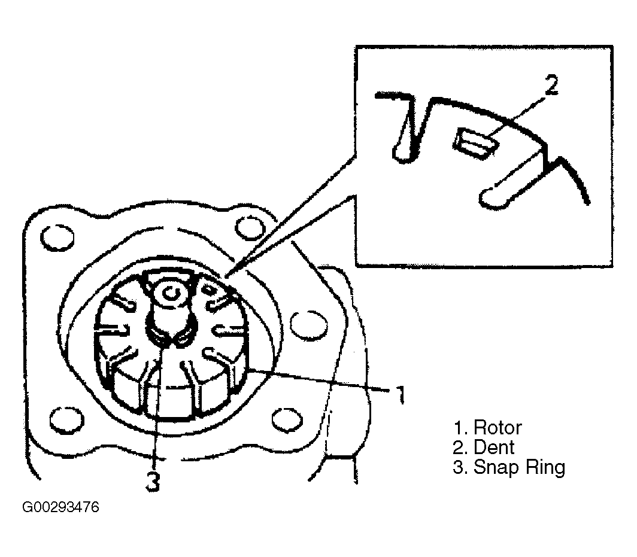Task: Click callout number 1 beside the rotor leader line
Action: coord(401,394)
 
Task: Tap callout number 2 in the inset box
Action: coord(551,84)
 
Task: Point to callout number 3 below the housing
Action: coord(153,482)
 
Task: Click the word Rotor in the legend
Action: coord(498,428)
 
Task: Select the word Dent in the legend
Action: coord(494,448)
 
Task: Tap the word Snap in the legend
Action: coord(496,468)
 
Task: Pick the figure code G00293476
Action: coord(60,507)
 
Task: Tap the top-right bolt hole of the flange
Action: coord(250,228)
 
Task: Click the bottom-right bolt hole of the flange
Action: coord(287,419)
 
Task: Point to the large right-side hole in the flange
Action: coord(309,325)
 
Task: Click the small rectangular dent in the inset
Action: coord(474,142)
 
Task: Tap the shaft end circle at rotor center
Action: coord(171,293)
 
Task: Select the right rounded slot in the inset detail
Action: coord(512,181)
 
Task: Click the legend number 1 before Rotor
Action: coord(460,428)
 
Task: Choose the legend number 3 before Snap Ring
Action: coord(459,467)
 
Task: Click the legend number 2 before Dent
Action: coord(459,448)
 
